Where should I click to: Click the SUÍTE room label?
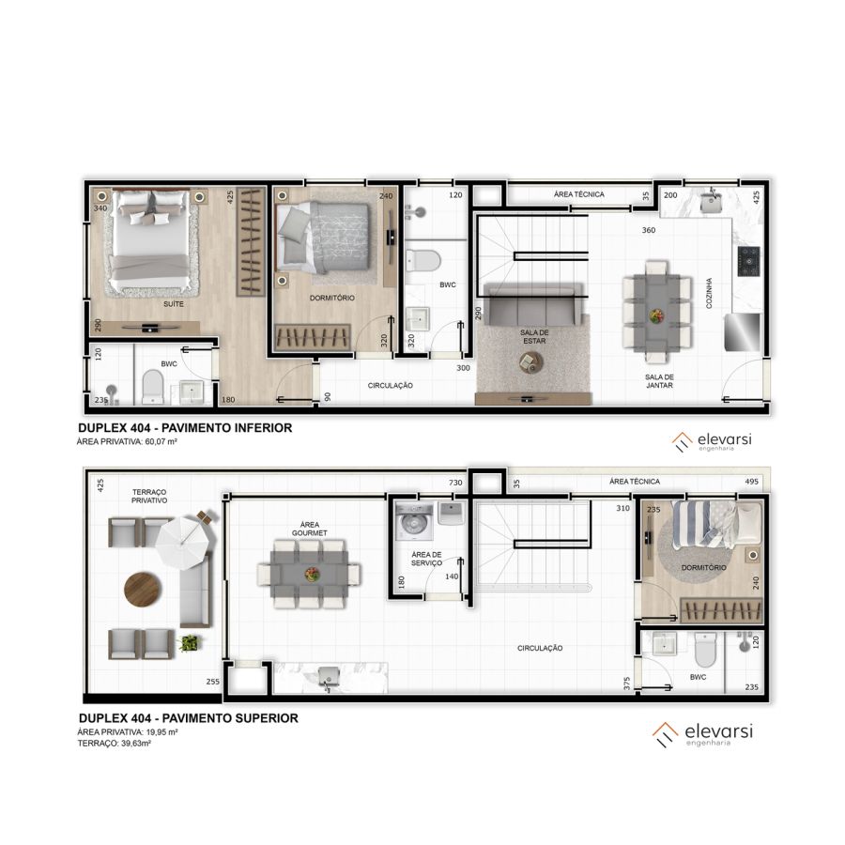(x=174, y=304)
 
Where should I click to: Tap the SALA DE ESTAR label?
(x=534, y=337)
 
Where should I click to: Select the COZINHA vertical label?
(x=709, y=293)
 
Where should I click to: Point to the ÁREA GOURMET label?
(x=310, y=529)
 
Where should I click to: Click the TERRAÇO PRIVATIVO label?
(x=149, y=497)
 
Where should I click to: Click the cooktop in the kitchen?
(x=748, y=261)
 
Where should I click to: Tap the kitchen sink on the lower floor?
(x=712, y=203)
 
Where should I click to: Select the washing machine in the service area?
(x=414, y=522)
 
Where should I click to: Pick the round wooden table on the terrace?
(x=143, y=590)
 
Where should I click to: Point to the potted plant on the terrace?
(x=189, y=642)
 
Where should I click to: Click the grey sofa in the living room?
(x=533, y=304)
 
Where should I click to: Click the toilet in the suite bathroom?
(x=152, y=387)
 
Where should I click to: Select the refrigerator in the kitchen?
(x=744, y=332)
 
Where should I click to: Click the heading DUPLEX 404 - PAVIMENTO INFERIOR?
(x=185, y=428)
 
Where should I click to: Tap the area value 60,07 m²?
(x=161, y=441)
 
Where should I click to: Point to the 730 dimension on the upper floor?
(x=455, y=483)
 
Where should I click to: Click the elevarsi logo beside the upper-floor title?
(x=702, y=734)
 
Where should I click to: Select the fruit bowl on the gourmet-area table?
(x=312, y=574)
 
